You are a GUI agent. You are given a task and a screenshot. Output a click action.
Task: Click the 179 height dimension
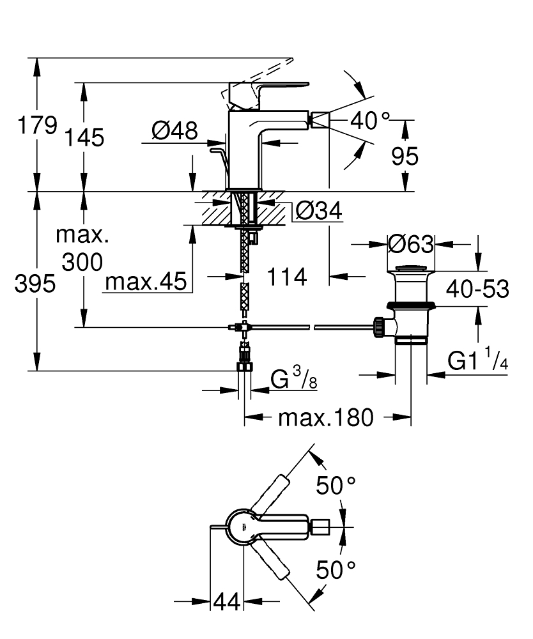(x=36, y=125)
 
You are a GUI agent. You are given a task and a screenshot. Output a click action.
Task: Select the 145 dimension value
(x=84, y=137)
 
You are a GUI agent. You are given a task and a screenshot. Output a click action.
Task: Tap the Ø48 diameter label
(x=174, y=132)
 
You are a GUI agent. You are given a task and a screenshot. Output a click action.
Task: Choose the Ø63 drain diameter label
(x=411, y=245)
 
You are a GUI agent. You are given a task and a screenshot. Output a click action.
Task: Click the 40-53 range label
(x=477, y=289)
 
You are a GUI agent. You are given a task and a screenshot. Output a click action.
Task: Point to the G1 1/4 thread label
(x=477, y=362)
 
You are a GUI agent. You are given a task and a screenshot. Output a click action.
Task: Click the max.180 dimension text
(x=325, y=418)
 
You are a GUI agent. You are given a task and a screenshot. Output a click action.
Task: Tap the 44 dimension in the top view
(x=226, y=601)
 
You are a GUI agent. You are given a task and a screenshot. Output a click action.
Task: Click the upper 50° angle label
(x=336, y=486)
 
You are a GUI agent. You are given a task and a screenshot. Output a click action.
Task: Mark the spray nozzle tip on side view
(x=319, y=119)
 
